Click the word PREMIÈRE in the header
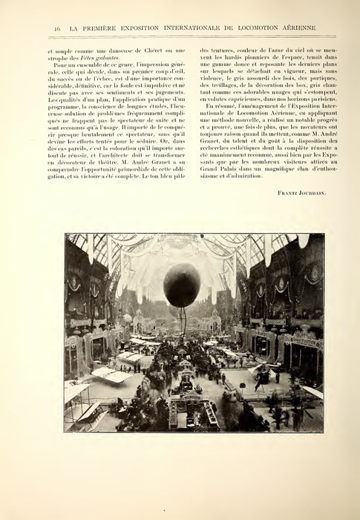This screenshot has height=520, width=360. click(102, 27)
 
